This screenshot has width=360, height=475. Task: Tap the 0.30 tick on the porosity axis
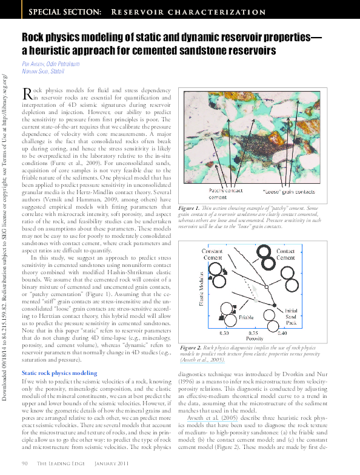pyautogui.click(x=224, y=333)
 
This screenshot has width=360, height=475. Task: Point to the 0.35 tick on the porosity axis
pyautogui.click(x=252, y=333)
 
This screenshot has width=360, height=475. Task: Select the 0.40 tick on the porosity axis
pyautogui.click(x=282, y=333)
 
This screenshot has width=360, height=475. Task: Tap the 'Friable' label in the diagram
pyautogui.click(x=229, y=317)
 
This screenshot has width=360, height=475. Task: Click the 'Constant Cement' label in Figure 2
pyautogui.click(x=212, y=254)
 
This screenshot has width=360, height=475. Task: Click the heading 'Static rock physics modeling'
pyautogui.click(x=59, y=372)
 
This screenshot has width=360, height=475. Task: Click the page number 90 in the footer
pyautogui.click(x=25, y=463)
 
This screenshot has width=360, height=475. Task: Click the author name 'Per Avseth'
pyautogui.click(x=36, y=63)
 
